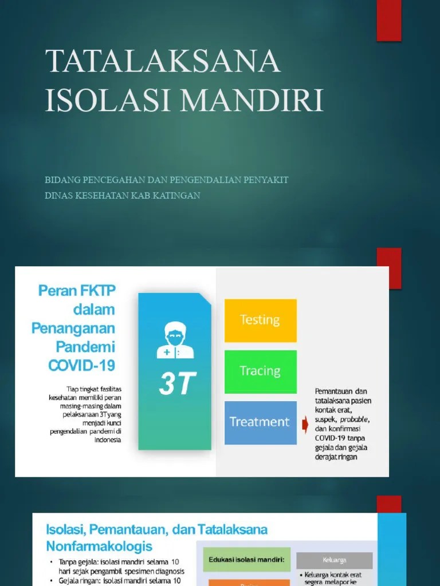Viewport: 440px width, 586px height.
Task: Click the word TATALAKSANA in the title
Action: click(163, 61)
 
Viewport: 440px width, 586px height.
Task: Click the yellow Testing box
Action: click(260, 320)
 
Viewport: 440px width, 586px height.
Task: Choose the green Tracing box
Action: click(260, 371)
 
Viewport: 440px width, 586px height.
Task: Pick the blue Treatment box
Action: click(260, 422)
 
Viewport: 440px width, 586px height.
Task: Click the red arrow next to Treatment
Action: click(305, 425)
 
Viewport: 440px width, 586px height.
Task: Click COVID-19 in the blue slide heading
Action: click(82, 365)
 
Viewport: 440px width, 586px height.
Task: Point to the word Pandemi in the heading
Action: click(85, 347)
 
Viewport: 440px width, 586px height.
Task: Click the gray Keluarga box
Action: click(342, 560)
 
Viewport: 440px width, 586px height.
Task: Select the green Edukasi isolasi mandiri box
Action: click(246, 560)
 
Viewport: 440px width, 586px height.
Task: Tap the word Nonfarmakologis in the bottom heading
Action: click(100, 545)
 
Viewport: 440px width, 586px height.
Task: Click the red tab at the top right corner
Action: click(388, 20)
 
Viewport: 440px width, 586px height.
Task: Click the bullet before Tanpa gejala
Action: click(52, 562)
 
